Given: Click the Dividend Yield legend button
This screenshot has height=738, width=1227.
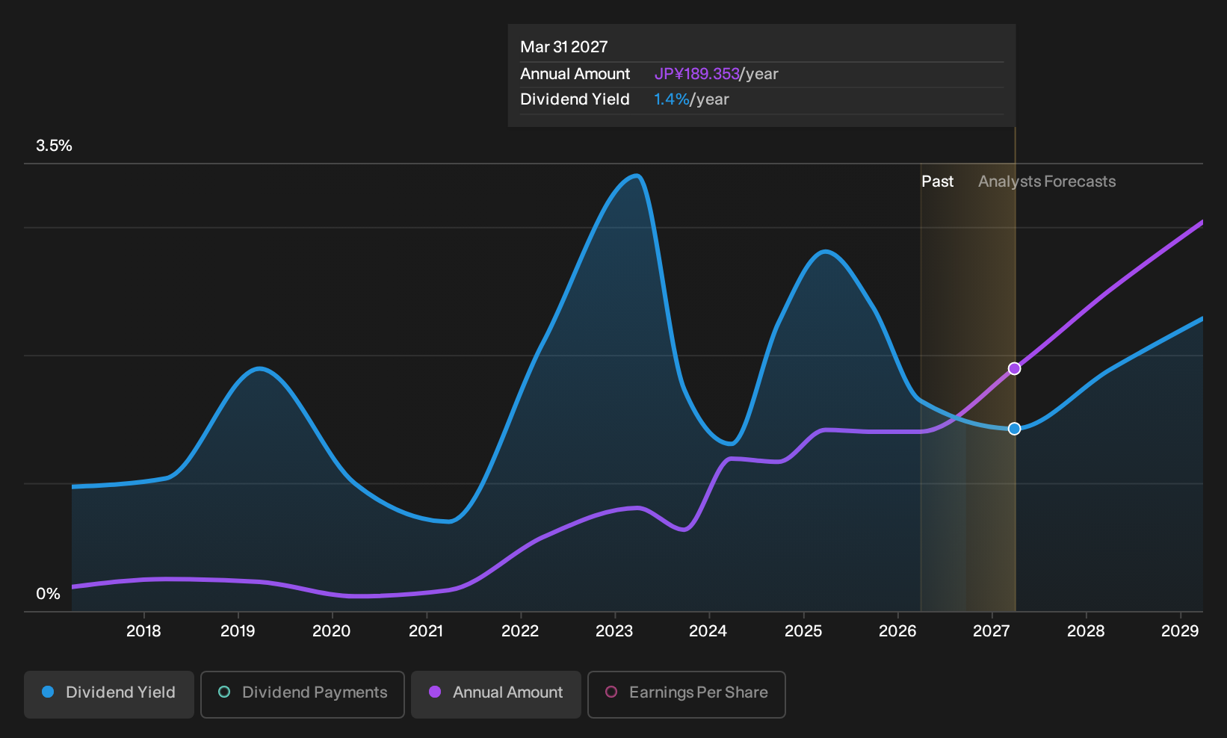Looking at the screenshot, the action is click(109, 694).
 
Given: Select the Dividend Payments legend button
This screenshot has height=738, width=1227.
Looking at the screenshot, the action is click(303, 694).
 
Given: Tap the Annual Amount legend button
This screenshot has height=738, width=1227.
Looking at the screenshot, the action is click(495, 694).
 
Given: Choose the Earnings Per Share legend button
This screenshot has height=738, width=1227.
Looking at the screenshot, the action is click(686, 694).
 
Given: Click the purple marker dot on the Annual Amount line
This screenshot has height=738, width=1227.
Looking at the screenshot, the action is click(1015, 368).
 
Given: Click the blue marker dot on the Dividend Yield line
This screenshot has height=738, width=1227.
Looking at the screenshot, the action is click(1015, 429).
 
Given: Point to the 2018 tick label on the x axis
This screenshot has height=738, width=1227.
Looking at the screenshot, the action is click(143, 631).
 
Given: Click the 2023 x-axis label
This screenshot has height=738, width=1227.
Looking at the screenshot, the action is click(614, 631).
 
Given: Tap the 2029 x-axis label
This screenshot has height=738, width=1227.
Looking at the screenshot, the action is click(1180, 631).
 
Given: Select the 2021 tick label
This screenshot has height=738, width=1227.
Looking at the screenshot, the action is click(426, 631).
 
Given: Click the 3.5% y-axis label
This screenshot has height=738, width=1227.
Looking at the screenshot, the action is click(54, 146).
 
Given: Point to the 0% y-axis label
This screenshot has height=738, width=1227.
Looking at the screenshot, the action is click(49, 594).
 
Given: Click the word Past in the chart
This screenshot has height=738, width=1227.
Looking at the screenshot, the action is click(937, 182).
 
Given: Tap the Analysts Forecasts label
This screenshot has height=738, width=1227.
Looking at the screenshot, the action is click(1047, 182).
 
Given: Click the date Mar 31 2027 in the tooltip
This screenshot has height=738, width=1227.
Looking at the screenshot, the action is click(563, 47).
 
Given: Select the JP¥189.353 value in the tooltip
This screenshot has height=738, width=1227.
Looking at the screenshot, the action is click(696, 74).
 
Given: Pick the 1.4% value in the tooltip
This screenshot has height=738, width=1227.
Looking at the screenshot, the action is click(672, 99).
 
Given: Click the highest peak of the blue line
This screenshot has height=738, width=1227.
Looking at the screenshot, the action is click(636, 176).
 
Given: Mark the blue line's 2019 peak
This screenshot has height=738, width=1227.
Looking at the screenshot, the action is click(259, 368).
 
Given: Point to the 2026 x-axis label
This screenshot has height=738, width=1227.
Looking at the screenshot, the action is click(897, 631).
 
